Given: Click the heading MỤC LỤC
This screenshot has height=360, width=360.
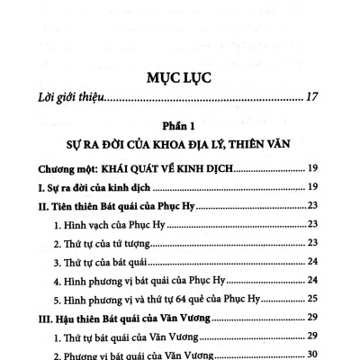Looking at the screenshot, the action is (x=179, y=78).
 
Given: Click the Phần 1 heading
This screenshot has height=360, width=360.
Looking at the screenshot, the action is (x=179, y=126).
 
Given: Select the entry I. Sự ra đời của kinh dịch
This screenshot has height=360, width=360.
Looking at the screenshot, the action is (x=101, y=187).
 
